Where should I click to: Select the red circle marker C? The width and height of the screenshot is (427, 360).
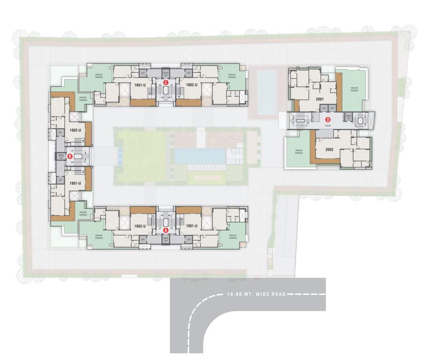(x=167, y=82)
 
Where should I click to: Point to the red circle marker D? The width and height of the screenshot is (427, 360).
(x=328, y=119)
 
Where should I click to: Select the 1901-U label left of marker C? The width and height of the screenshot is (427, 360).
(x=139, y=85)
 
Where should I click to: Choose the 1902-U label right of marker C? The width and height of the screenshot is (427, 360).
(x=191, y=85)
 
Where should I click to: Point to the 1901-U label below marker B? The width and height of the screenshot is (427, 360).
(x=76, y=183)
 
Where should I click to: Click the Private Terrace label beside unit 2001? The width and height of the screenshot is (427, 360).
(x=354, y=89)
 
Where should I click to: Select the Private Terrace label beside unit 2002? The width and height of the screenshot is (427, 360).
(x=298, y=152)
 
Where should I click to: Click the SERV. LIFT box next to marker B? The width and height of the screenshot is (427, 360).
(x=61, y=156)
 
